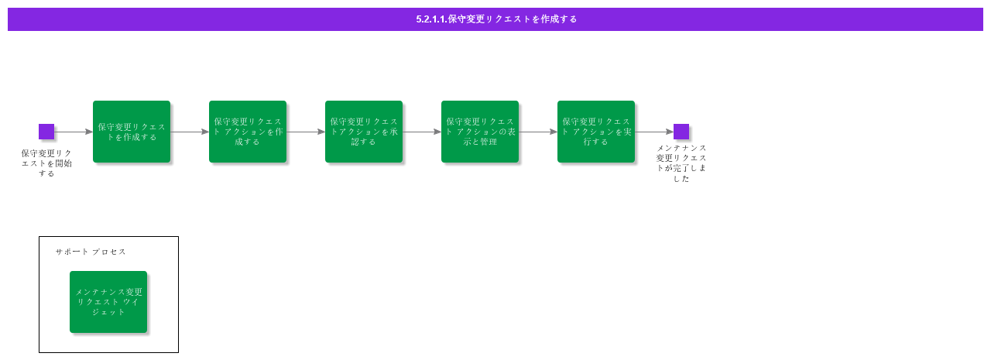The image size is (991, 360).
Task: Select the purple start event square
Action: pos(46,132)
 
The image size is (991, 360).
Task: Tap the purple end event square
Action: pos(681,132)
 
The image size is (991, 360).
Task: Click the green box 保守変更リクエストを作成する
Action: pos(132,132)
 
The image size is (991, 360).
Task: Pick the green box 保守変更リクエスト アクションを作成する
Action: pos(248,132)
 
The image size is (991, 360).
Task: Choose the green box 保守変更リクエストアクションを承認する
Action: pos(364,132)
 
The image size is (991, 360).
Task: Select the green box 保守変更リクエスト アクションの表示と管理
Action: pos(480,132)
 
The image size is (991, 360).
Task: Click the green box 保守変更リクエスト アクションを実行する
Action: pos(596,132)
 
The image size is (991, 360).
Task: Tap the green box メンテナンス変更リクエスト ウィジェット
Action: pos(108,302)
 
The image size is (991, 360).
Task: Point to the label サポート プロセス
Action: pos(91,252)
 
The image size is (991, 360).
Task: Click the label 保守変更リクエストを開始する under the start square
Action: pos(46,163)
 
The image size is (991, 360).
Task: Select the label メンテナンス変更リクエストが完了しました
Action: pos(681,163)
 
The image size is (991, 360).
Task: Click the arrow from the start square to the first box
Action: pos(74,132)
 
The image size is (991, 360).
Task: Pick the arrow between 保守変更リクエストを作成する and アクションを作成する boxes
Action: pos(190,132)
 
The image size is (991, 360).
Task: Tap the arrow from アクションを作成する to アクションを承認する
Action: pos(306,132)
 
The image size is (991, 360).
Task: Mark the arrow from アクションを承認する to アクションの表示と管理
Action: pos(422,132)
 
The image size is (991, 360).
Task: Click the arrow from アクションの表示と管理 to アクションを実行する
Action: pos(538,132)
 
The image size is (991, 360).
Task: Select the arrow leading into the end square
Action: pos(654,132)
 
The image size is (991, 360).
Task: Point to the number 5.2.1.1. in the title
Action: pos(431,19)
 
